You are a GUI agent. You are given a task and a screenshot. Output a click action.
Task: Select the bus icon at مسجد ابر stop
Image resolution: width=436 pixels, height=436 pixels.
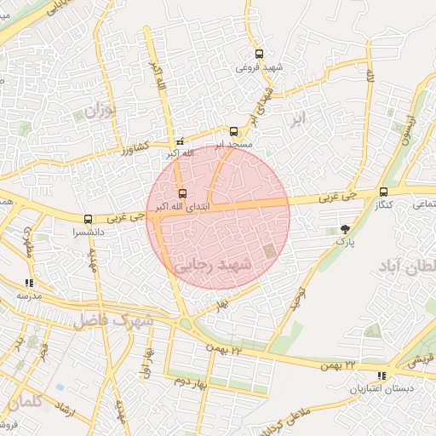point(233,131)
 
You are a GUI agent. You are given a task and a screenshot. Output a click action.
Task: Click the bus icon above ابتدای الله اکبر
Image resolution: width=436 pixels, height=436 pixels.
point(181,192)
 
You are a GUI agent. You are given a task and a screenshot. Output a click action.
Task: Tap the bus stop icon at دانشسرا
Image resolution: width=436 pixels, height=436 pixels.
point(89,219)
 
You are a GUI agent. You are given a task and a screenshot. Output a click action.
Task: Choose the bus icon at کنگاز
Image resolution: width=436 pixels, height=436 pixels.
point(383,192)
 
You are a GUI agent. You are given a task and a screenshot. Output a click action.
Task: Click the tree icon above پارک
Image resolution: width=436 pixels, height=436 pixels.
point(344,229)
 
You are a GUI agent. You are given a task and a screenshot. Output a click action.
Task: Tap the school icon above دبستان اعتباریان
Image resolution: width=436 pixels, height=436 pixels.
point(381,376)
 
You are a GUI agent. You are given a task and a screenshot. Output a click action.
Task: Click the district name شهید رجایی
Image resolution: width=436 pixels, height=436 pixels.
point(214,267)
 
